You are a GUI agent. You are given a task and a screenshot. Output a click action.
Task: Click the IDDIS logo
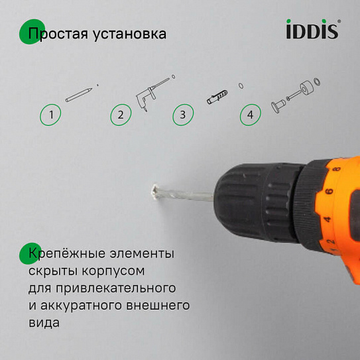(313, 30)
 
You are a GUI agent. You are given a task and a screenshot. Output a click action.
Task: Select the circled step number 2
(120, 115)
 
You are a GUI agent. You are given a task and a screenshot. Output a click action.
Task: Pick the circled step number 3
(182, 115)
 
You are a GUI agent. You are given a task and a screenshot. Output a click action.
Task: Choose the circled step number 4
(250, 115)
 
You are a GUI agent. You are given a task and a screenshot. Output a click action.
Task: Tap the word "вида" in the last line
(44, 323)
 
